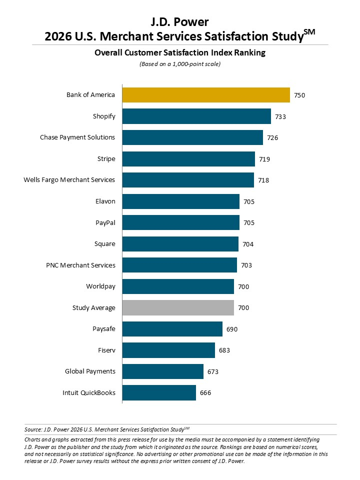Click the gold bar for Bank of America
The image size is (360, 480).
click(206, 94)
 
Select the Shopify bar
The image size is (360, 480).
click(196, 116)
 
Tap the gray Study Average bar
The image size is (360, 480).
click(178, 307)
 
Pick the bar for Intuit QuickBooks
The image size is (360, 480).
click(159, 392)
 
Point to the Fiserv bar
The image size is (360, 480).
click(168, 350)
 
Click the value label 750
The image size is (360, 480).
click(299, 95)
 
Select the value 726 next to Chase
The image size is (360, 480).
click(272, 137)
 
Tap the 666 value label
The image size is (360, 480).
click(205, 392)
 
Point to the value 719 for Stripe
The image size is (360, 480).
click(264, 159)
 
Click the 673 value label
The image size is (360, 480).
click(213, 371)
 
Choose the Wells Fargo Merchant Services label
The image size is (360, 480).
click(69, 179)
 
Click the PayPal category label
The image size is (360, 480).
click(105, 222)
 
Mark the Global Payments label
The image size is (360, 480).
click(90, 371)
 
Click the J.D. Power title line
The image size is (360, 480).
click(179, 21)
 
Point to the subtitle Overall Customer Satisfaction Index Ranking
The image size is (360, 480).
click(179, 52)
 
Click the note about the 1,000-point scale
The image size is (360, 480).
click(179, 64)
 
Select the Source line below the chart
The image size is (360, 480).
click(107, 429)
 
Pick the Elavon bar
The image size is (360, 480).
click(180, 201)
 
